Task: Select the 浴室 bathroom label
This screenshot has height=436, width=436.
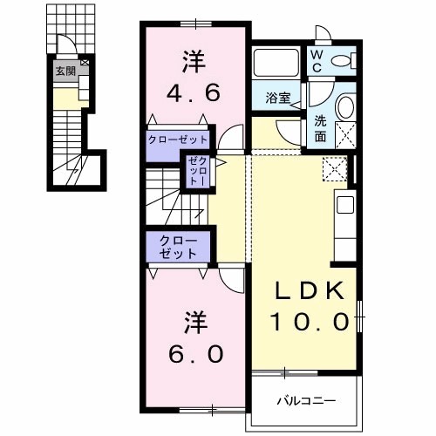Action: pos(278,99)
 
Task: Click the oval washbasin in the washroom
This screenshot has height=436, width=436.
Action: pos(344,108)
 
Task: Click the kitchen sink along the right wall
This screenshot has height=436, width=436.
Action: pos(345,207)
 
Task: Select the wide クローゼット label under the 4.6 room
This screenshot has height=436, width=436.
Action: pos(177,140)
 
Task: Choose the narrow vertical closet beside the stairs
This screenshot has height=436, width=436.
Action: pos(194,171)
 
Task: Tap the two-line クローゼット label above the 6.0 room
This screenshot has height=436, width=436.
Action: pos(177,247)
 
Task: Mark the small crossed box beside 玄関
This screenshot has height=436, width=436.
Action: pos(84,64)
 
